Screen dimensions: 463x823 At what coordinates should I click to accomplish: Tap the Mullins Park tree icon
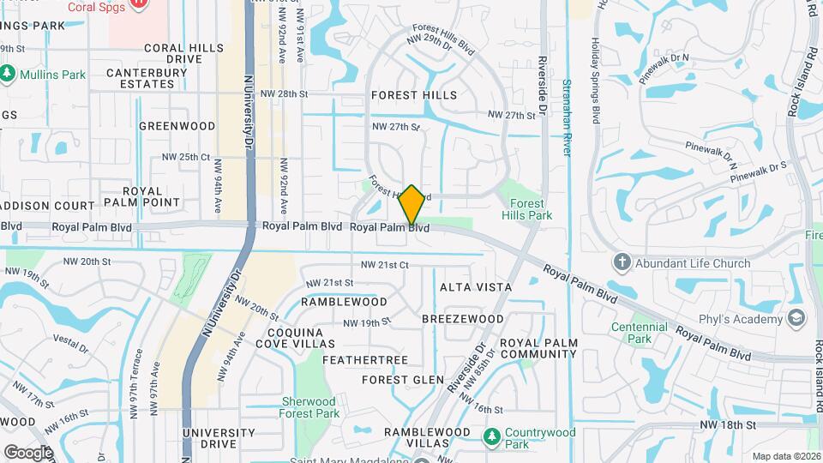(x=8, y=74)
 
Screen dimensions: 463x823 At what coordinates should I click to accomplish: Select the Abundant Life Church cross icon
(x=622, y=263)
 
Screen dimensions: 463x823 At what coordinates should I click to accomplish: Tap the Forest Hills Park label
(x=522, y=209)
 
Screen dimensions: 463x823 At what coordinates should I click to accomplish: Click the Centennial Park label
(x=639, y=333)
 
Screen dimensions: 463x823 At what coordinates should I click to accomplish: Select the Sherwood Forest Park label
(x=309, y=407)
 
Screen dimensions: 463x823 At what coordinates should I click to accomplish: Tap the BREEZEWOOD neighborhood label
(x=463, y=319)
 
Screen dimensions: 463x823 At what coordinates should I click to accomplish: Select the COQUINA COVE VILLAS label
(x=301, y=338)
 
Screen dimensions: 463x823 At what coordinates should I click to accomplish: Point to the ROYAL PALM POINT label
(x=142, y=196)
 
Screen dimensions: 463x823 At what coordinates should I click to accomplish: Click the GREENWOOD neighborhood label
(x=177, y=126)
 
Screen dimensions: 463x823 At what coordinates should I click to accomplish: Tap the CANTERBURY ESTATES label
(x=147, y=78)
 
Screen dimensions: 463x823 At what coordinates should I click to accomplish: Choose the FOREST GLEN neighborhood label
(x=403, y=380)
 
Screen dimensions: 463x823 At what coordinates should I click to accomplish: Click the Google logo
(x=27, y=452)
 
